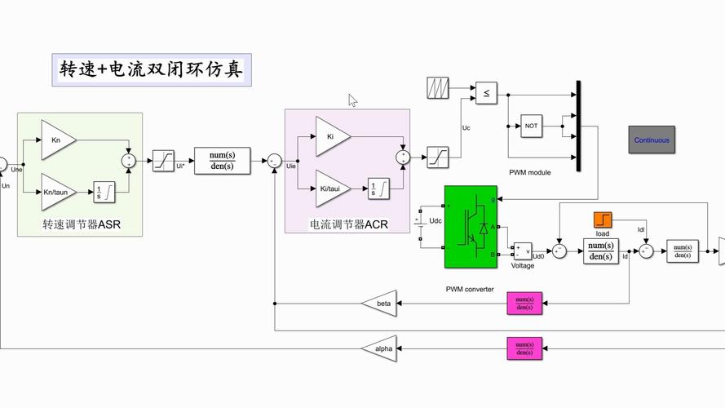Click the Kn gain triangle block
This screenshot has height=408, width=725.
click(57, 140)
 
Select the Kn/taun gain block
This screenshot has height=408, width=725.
click(57, 192)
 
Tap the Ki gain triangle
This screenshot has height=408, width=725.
click(332, 136)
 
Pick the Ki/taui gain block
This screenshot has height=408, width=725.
click(332, 188)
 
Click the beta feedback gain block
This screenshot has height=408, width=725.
click(380, 304)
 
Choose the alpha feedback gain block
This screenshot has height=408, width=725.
click(380, 348)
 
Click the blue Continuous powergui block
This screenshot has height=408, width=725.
click(652, 140)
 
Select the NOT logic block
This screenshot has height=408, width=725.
click(532, 126)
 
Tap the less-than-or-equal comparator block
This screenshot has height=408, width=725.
click(486, 93)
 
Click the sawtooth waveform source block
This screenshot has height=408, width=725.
click(439, 88)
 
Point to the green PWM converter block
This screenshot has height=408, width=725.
click(471, 227)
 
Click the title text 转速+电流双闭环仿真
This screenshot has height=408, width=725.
click(152, 70)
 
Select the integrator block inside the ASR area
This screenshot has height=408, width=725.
click(104, 192)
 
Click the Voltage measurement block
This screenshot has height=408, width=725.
click(521, 251)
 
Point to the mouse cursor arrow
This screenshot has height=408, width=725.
click(352, 100)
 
